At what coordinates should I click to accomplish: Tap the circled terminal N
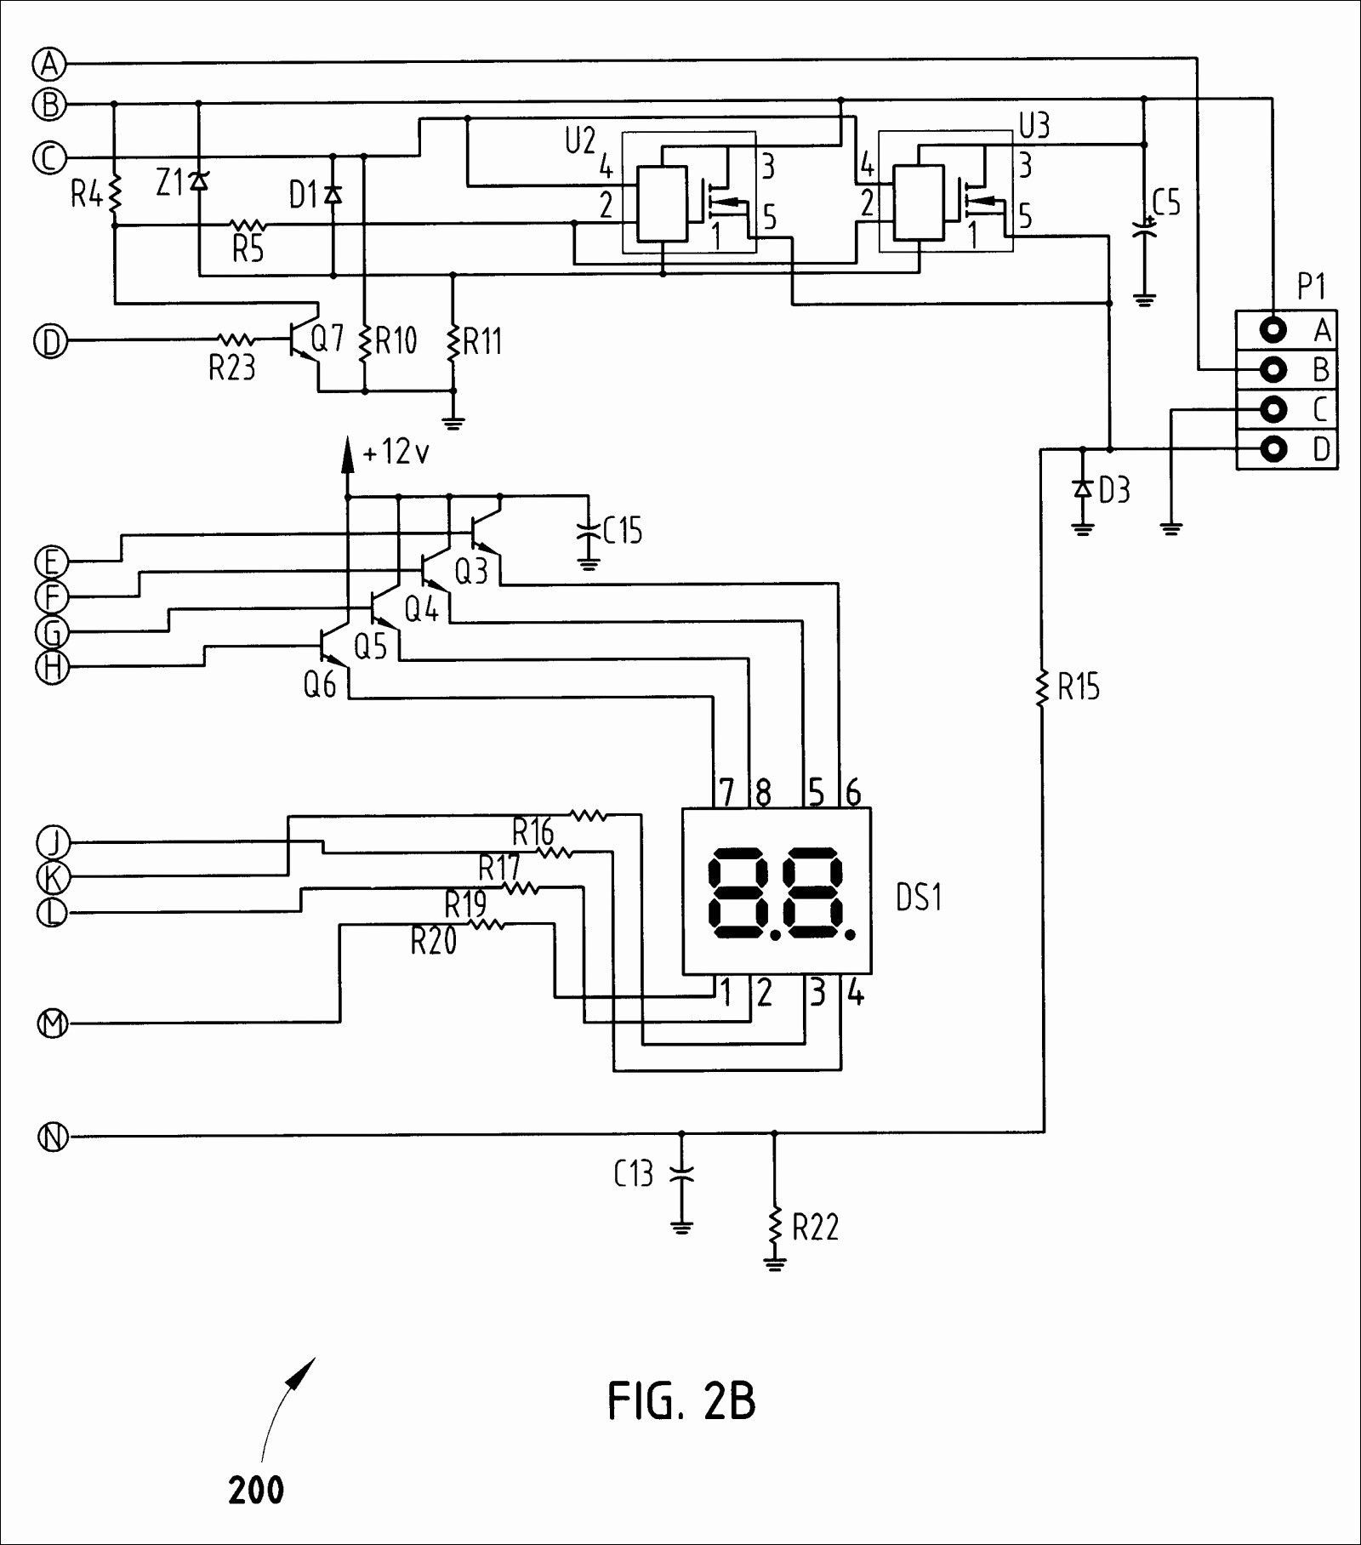click(53, 1137)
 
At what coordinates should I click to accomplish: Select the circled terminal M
click(53, 1023)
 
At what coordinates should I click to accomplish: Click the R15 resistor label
click(1079, 687)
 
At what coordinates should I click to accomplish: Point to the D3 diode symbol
click(1082, 488)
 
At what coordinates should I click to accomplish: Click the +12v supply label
click(396, 453)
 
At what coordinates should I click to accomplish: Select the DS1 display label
click(919, 898)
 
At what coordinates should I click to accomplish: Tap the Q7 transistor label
click(327, 340)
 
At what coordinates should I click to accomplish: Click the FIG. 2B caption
click(681, 1401)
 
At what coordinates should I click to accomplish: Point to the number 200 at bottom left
click(256, 1490)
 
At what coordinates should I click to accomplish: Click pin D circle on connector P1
click(1273, 448)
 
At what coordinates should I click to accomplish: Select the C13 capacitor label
click(634, 1174)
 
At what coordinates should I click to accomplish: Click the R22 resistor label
click(816, 1227)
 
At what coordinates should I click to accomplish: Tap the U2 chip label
click(580, 141)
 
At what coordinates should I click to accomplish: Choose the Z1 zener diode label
click(169, 182)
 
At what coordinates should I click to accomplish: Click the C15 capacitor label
click(623, 531)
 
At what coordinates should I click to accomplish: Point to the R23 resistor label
click(232, 368)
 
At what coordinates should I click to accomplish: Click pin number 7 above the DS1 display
click(726, 793)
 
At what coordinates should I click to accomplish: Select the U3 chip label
click(1034, 126)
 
